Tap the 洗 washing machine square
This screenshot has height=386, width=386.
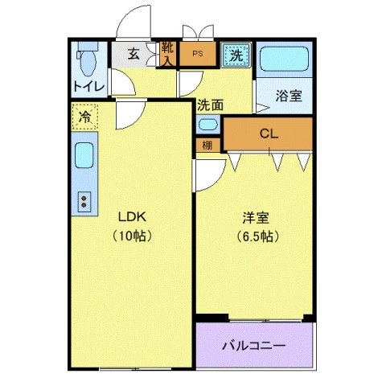(x=236, y=55)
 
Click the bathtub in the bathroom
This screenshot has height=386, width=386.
(x=285, y=60)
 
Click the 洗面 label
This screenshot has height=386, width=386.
(x=210, y=105)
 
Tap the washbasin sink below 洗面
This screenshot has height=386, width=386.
(x=207, y=125)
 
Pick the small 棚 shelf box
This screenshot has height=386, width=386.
(x=207, y=146)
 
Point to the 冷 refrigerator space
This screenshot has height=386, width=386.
(x=84, y=117)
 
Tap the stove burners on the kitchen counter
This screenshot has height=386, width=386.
(x=84, y=202)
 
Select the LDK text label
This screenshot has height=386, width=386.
(x=131, y=216)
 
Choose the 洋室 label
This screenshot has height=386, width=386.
(x=256, y=216)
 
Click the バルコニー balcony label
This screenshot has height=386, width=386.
(x=253, y=346)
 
